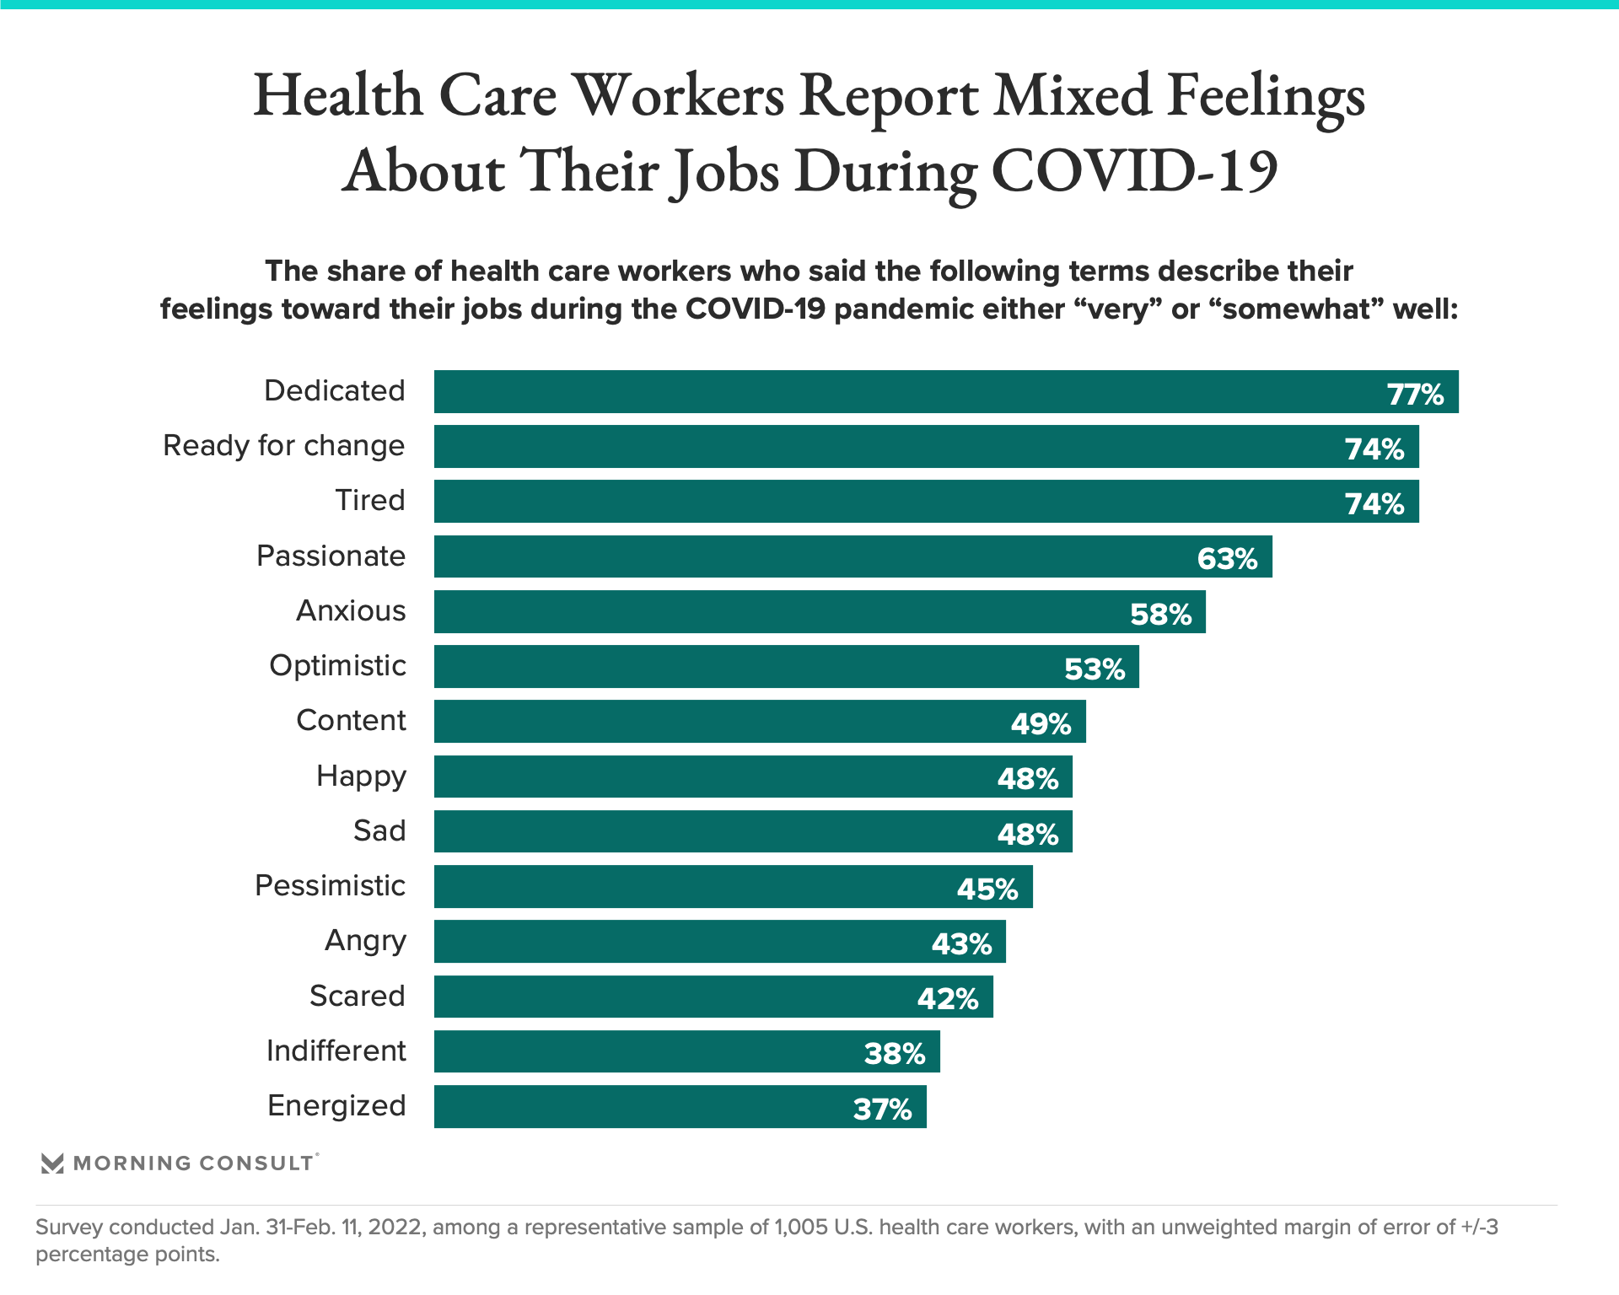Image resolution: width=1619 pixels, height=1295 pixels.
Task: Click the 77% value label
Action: click(x=1415, y=394)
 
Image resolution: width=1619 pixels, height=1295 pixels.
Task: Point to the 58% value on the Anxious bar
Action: click(x=1160, y=614)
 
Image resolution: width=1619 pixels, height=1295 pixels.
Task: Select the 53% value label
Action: click(x=1094, y=669)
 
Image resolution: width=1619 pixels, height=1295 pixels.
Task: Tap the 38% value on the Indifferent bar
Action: click(x=894, y=1053)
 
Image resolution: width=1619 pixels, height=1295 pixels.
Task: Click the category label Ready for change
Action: click(x=283, y=445)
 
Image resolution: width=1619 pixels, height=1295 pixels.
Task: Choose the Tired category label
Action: click(x=370, y=500)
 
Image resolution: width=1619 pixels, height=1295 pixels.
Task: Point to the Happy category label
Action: click(x=361, y=776)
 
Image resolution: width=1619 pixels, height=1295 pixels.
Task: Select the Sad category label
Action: click(x=379, y=830)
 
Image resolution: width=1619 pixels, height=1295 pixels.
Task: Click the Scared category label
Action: click(x=358, y=996)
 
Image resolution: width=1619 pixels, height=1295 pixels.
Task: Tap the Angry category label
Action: click(x=365, y=940)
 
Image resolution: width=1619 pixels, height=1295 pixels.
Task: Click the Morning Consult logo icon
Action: click(x=52, y=1163)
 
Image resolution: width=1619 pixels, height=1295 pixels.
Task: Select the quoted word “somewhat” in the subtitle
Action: click(x=1295, y=309)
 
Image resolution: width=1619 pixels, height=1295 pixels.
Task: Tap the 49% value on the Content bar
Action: click(x=1040, y=723)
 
